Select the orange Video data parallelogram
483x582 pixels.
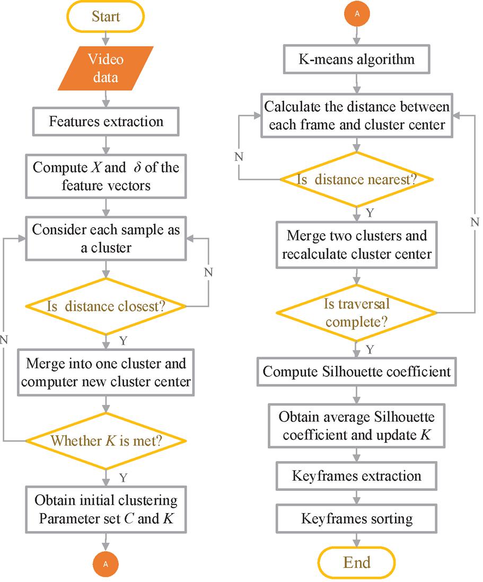click(106, 67)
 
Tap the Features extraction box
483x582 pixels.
click(106, 121)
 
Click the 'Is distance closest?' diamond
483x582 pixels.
click(106, 306)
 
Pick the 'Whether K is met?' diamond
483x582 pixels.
click(106, 440)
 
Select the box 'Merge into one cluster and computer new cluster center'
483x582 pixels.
click(106, 373)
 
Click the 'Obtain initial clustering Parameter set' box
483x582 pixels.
click(106, 509)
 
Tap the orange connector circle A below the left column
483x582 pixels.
click(106, 565)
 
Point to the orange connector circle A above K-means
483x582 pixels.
click(357, 14)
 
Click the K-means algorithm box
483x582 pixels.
click(357, 59)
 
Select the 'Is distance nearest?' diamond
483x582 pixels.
click(357, 179)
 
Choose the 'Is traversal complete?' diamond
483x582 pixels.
click(357, 313)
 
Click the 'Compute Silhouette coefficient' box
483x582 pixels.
click(357, 372)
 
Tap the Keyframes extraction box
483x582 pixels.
click(357, 476)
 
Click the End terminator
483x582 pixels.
click(357, 562)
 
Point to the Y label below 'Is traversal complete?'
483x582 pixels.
click(371, 349)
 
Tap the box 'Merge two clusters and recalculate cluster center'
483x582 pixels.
click(357, 244)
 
